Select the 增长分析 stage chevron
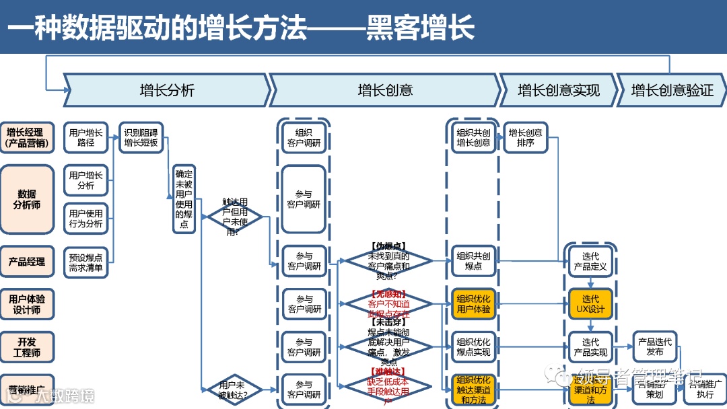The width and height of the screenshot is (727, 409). point(167,90)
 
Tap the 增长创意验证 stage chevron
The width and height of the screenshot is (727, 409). point(671,90)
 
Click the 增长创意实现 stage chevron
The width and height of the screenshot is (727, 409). point(558,90)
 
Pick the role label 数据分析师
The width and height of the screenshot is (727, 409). point(27,199)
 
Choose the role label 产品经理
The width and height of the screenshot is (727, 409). point(27,262)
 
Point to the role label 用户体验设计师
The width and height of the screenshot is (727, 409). point(27,304)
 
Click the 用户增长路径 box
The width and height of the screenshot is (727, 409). point(86,138)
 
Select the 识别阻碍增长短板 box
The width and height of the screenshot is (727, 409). point(141,138)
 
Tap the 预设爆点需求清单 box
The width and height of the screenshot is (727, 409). point(86,262)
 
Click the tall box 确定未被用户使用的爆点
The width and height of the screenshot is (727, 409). point(184,199)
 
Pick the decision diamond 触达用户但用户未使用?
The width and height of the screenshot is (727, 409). point(233,216)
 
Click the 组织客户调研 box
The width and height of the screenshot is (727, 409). point(304,138)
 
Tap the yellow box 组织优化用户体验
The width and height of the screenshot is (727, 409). point(473,304)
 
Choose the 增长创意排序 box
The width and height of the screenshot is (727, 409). point(525,138)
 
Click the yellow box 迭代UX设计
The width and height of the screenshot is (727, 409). point(590,304)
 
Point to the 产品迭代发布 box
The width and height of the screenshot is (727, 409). point(654,346)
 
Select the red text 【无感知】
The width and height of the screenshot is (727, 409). point(388,294)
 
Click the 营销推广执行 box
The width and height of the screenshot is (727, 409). point(705,389)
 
